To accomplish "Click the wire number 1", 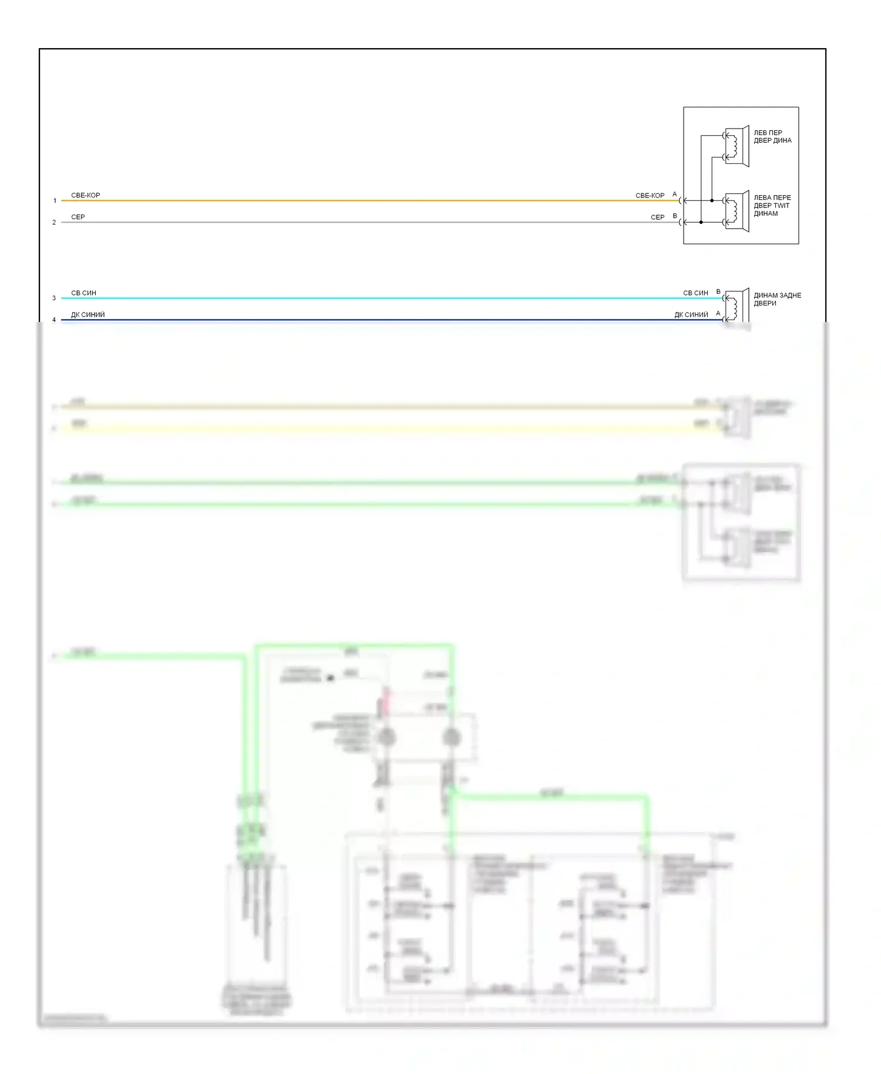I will (55, 201).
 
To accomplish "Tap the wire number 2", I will (54, 223).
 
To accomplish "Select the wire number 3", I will (54, 298).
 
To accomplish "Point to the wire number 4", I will (54, 320).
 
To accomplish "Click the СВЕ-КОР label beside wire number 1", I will (86, 195).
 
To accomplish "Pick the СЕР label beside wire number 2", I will (78, 217).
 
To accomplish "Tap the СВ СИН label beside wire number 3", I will (83, 293).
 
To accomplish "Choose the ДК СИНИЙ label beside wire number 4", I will (88, 314).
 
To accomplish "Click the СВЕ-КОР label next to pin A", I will (650, 195).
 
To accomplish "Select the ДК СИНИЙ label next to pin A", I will (691, 314).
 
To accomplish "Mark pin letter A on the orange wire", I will (674, 194).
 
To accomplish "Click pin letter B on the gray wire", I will (675, 216).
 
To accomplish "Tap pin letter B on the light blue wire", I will (718, 291).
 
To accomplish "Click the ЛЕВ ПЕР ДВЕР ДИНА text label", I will (772, 136).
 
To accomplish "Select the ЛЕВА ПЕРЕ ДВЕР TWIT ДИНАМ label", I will (772, 206).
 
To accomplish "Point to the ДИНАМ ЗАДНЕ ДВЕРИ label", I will (777, 299).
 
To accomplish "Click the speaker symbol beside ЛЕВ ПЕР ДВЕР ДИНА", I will (737, 146).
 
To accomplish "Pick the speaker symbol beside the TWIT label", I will (737, 212).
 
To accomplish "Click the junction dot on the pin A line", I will (712, 201).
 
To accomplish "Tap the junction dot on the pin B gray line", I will (701, 223).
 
